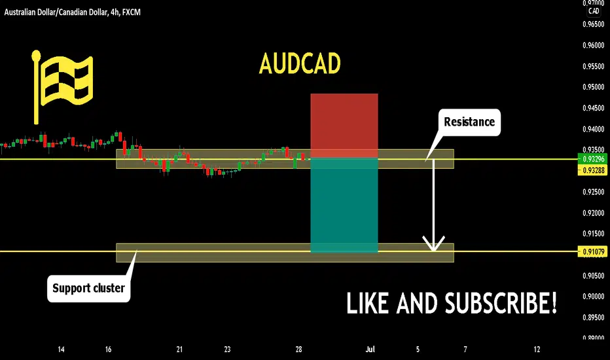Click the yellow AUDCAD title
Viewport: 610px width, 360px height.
point(300,63)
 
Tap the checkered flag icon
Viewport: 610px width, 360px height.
point(62,86)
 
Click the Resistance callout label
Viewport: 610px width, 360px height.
point(469,122)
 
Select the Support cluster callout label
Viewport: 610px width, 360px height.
point(89,289)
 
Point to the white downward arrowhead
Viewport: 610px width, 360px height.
point(433,243)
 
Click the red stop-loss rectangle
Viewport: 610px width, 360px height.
point(344,125)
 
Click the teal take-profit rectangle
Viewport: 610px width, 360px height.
point(344,205)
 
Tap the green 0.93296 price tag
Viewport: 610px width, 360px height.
point(593,159)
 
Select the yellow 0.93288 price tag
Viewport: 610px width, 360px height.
point(593,170)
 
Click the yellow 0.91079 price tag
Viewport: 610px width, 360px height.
point(593,252)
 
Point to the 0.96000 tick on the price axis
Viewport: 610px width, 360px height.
point(593,45)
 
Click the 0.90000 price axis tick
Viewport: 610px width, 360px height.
point(593,296)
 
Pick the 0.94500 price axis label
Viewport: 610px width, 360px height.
point(593,108)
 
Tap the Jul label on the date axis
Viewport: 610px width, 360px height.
point(370,350)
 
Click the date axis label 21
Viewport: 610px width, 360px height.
point(179,350)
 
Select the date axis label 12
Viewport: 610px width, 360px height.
point(537,350)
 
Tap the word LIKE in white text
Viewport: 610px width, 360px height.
point(367,303)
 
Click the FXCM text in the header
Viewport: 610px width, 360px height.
point(131,12)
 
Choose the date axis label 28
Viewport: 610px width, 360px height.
point(298,350)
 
